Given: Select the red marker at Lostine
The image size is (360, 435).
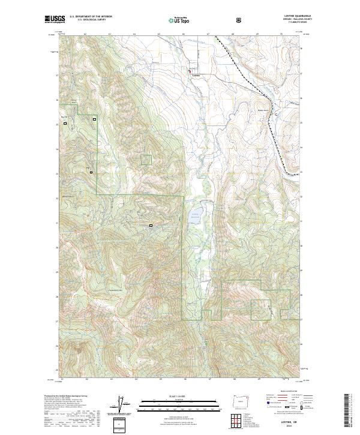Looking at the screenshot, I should (191, 73).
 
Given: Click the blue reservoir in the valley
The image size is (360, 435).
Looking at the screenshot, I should (196, 215).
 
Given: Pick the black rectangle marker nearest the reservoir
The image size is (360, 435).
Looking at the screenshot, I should (151, 226).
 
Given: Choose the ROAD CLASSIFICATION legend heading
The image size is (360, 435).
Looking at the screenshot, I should (282, 395).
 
